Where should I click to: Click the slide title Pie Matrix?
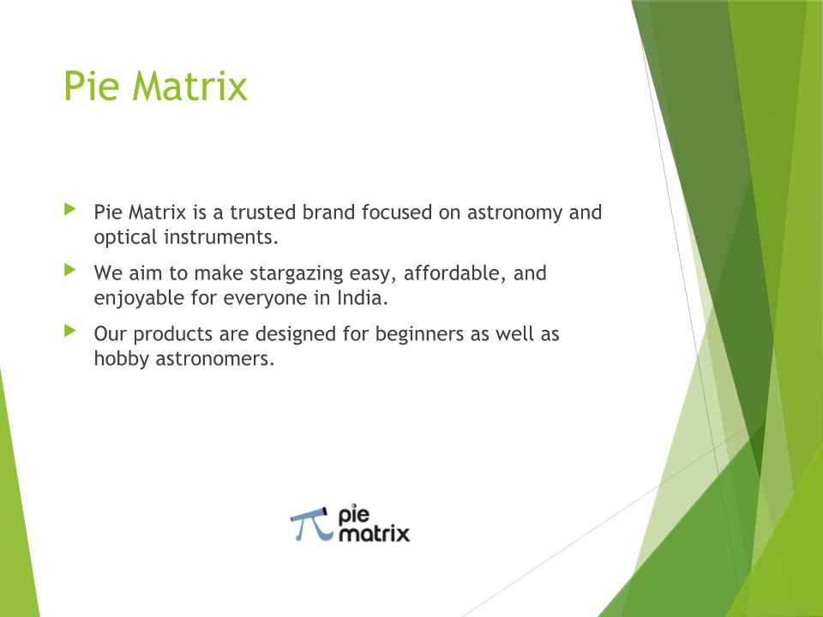(x=155, y=86)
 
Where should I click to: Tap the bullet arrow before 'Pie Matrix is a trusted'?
(x=69, y=209)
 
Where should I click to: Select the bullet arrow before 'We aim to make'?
(x=69, y=270)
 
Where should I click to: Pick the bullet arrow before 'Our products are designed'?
(x=69, y=331)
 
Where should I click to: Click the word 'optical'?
(x=125, y=237)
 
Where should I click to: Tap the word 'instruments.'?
(x=221, y=237)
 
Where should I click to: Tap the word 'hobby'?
(x=121, y=359)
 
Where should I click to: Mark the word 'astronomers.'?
(x=215, y=359)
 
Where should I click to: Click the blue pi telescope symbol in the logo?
(x=312, y=524)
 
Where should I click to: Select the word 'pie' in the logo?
(x=354, y=515)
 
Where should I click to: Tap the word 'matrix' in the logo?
(x=374, y=534)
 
